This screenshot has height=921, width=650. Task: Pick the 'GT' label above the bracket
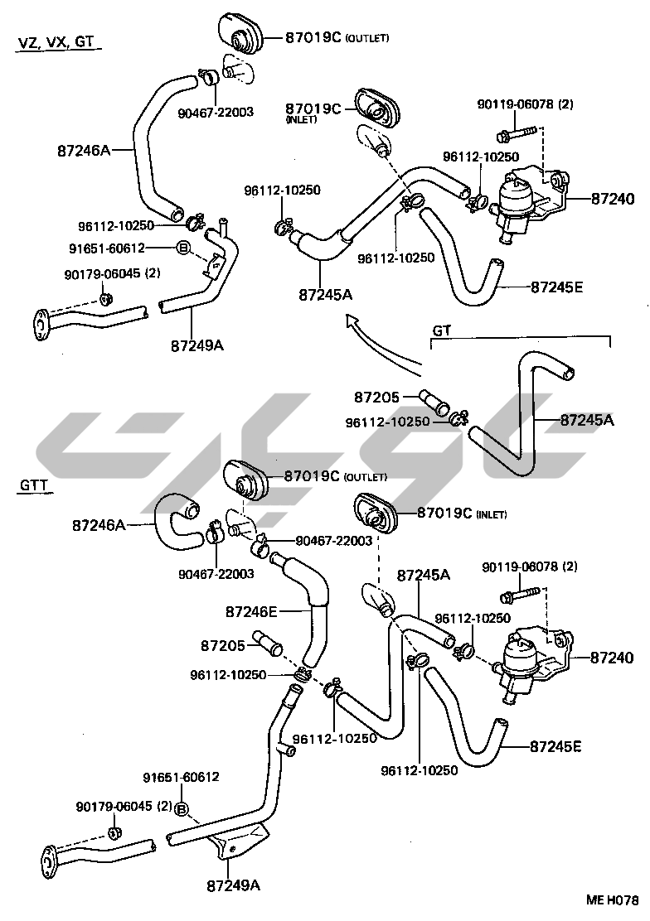(441, 330)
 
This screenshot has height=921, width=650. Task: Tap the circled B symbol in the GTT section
(182, 808)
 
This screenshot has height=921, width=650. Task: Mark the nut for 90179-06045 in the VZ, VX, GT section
(105, 298)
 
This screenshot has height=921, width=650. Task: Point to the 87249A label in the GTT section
(234, 885)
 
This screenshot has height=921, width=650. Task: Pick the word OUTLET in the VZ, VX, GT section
(367, 38)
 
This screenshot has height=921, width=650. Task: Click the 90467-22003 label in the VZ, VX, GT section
(216, 112)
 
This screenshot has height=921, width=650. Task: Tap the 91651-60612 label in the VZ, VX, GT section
(107, 248)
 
